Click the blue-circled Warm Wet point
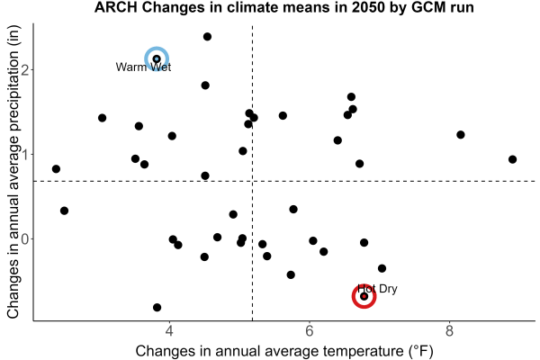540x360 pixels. [x=157, y=58]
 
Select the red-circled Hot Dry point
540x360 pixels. [x=364, y=296]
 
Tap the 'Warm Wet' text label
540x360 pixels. [x=143, y=67]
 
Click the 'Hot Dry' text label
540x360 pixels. [x=377, y=288]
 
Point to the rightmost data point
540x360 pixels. [x=512, y=159]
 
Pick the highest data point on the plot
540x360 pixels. [x=207, y=37]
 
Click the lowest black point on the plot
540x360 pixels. [x=157, y=307]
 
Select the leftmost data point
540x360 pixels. [x=56, y=169]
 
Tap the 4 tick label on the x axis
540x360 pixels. [x=169, y=331]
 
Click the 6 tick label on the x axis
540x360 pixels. [x=310, y=331]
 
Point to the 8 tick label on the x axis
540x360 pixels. [x=449, y=331]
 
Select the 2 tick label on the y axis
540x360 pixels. [x=25, y=69]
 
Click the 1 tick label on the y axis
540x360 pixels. [x=25, y=154]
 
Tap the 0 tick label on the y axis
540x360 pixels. [x=25, y=238]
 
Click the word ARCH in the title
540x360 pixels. [x=116, y=7]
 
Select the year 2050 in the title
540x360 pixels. [x=368, y=7]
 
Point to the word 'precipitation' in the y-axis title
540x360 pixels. [x=13, y=114]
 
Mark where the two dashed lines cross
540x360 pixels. [x=252, y=181]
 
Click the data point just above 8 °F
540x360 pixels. [x=461, y=135]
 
